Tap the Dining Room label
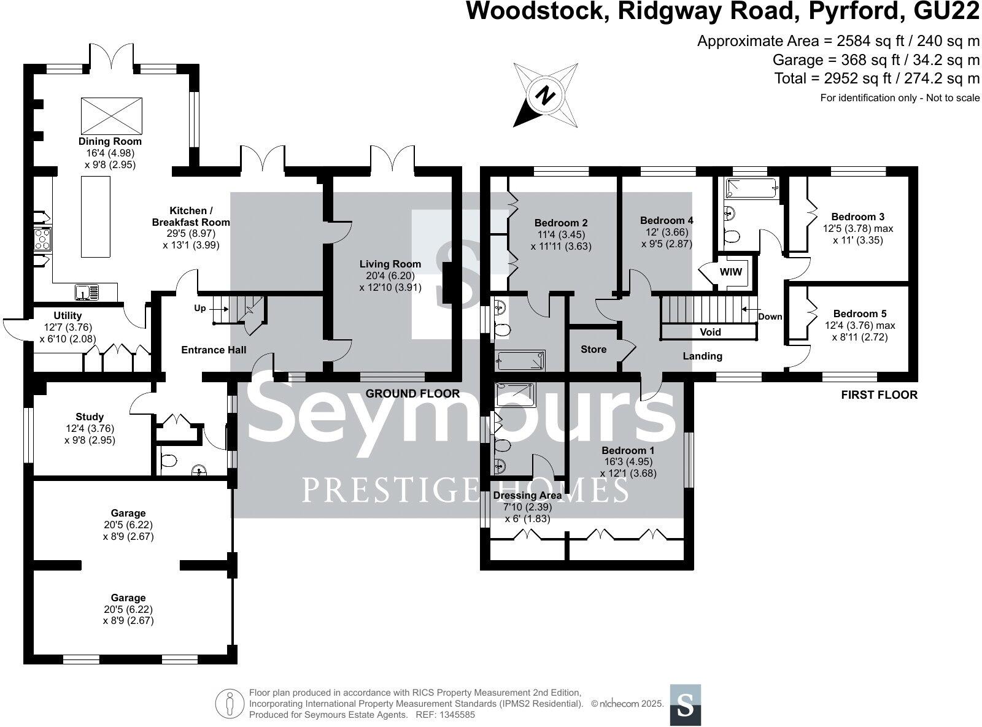pos(110,142)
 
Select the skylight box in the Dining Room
pos(112,115)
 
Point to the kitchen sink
pos(88,293)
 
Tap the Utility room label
pos(68,316)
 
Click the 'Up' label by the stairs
pos(200,309)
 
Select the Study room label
pos(90,417)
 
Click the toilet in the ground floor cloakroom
pos(168,460)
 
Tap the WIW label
pos(730,272)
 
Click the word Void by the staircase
pos(710,332)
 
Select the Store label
pos(593,349)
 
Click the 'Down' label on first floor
pos(770,317)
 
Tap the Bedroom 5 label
pos(860,314)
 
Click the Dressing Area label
pos(527,495)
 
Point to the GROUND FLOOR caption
pos(412,393)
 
